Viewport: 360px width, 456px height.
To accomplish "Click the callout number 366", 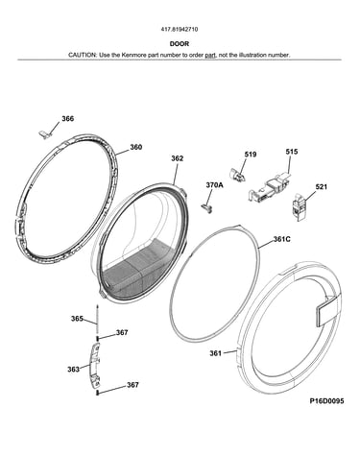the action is coord(68,119).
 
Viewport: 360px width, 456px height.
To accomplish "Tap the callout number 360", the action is coord(135,147).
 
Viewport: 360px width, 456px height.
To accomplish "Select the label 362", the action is coord(177,158).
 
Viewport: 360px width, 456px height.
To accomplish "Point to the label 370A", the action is coord(214,185).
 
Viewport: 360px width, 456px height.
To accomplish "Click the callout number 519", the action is coord(251,155).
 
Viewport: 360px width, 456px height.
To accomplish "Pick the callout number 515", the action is coord(292,152).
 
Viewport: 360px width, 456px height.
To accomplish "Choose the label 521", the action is coord(321,186).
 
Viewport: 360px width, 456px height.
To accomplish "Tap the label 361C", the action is coord(281,239).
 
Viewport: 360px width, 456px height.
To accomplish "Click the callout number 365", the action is coord(77,319).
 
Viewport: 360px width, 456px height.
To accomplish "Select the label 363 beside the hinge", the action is coord(73,370).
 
